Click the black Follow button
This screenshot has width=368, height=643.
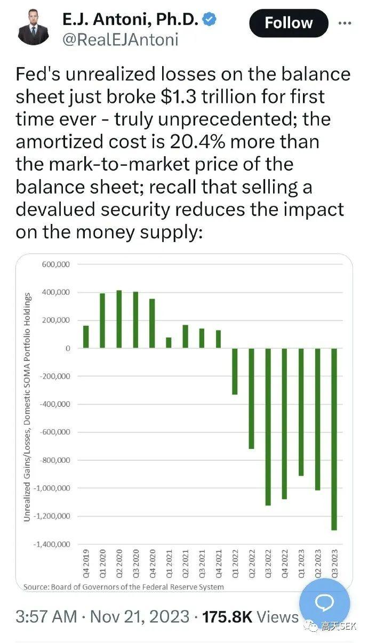(x=289, y=23)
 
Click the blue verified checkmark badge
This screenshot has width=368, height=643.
(x=212, y=20)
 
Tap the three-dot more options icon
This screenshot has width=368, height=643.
(x=345, y=23)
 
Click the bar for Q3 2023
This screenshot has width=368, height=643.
(x=334, y=439)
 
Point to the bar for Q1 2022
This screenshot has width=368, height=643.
(x=235, y=371)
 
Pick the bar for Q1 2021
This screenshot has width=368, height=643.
(x=169, y=342)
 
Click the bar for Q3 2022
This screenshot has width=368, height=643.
(x=268, y=427)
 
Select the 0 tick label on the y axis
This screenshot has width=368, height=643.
(x=68, y=348)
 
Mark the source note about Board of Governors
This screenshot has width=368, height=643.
(x=124, y=587)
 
